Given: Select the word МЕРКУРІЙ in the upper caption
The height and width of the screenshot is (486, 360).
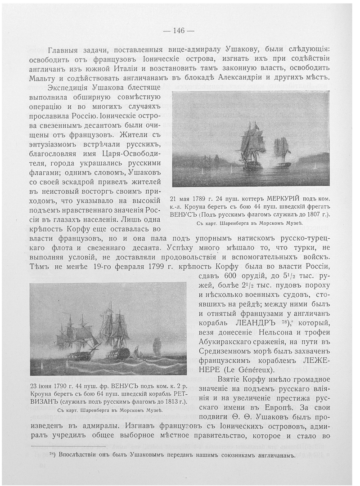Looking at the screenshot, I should (269, 199).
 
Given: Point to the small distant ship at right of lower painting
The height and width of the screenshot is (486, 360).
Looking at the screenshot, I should (157, 345).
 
